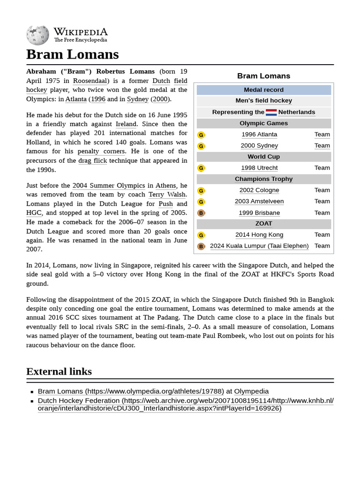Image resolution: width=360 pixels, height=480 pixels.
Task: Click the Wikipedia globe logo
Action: click(x=37, y=35)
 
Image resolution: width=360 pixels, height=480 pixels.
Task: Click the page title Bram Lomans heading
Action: click(x=73, y=54)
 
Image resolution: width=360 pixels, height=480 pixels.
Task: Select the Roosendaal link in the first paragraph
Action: click(x=90, y=81)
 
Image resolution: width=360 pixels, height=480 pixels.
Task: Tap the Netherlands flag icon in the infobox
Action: click(x=271, y=112)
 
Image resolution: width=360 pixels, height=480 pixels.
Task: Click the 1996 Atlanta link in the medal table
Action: click(x=259, y=135)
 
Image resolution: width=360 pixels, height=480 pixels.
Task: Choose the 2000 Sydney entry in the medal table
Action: click(x=259, y=146)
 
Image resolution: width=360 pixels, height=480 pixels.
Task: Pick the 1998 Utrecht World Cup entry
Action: click(x=259, y=168)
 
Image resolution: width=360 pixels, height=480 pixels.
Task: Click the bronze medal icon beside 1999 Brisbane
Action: click(x=201, y=213)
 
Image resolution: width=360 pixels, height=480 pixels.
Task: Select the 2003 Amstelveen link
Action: click(x=259, y=202)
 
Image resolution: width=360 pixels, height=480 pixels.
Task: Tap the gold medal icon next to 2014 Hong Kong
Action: click(x=201, y=235)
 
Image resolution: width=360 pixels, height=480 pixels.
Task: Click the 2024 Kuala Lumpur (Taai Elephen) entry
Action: click(x=259, y=246)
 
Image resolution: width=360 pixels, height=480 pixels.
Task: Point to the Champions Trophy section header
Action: click(x=263, y=179)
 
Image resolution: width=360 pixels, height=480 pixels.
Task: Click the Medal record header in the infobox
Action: click(x=263, y=90)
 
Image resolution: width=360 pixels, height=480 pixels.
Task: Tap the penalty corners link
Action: click(x=101, y=151)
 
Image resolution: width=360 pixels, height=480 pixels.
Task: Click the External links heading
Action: click(x=59, y=372)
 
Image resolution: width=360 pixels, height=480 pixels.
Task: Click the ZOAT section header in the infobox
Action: click(x=263, y=224)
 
